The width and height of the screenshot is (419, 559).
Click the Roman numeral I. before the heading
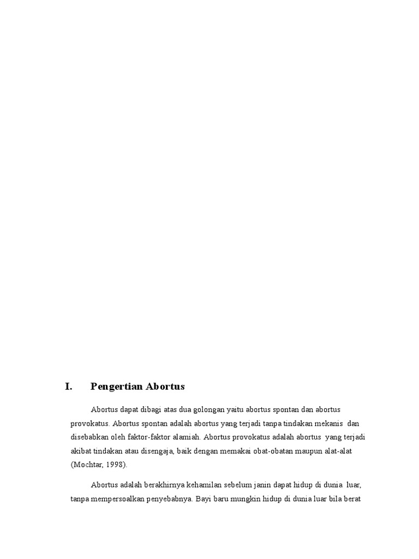pyautogui.click(x=68, y=386)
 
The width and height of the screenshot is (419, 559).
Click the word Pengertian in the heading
pyautogui.click(x=113, y=386)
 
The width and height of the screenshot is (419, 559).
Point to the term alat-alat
pyautogui.click(x=342, y=450)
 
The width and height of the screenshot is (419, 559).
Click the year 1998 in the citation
pyautogui.click(x=115, y=465)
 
